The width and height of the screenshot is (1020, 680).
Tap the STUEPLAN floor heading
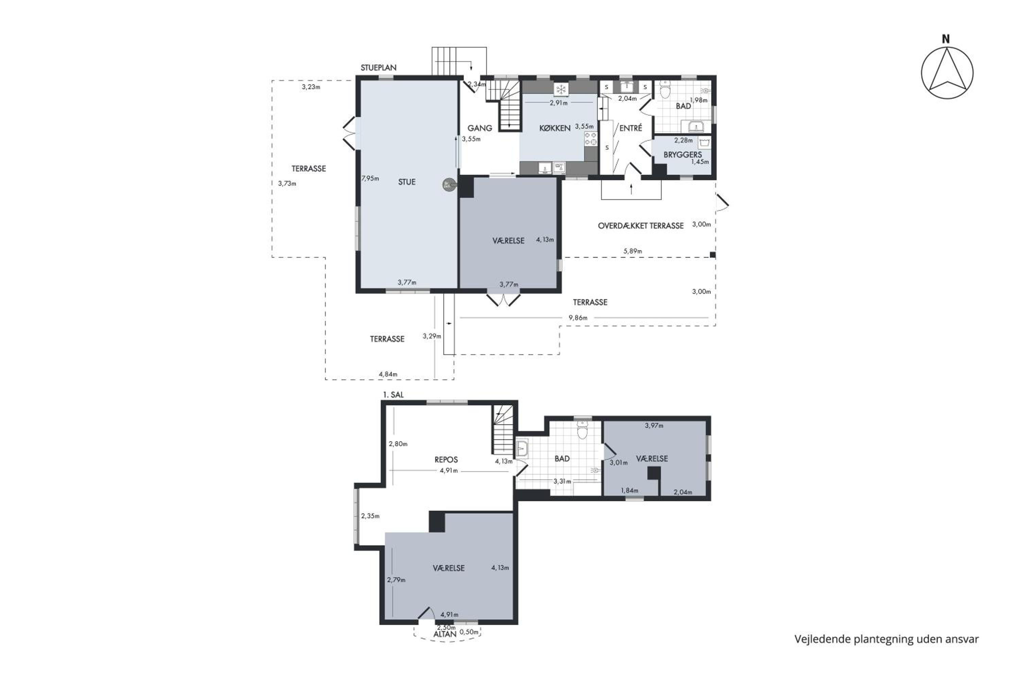pos(379,68)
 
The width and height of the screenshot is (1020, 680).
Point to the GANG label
pos(480,128)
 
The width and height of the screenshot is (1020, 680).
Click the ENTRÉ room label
pos(631,128)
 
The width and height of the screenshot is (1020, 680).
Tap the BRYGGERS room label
pos(683,154)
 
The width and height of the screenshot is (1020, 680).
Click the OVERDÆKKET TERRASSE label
pos(641,225)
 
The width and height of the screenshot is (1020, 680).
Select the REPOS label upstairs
pos(446,460)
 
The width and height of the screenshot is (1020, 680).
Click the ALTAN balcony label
pos(445,634)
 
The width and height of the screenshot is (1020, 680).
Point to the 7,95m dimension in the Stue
pos(370,178)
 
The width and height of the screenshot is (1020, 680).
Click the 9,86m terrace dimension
pos(578,318)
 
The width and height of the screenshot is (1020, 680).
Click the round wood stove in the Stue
pos(449,185)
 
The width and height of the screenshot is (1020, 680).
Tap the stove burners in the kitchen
pos(590,139)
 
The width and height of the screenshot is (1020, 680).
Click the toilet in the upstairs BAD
pos(582,430)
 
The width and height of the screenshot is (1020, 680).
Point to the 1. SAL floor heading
pos(393,395)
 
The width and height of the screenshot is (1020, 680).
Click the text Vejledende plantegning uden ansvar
pos(886,639)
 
